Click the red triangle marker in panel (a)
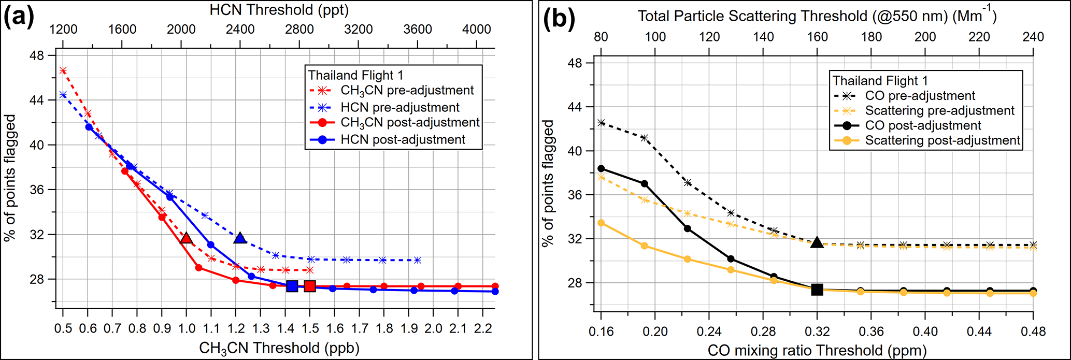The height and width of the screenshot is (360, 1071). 186,238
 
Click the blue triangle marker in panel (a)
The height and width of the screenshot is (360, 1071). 240,238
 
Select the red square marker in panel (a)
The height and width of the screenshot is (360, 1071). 310,286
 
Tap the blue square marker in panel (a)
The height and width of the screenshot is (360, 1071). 292,286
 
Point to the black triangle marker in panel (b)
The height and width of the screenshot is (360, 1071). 817,242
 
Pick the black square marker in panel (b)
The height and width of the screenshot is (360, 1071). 817,290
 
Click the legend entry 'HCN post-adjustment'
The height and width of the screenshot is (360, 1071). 403,139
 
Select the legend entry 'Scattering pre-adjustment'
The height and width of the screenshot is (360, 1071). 939,110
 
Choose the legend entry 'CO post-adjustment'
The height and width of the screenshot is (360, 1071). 923,125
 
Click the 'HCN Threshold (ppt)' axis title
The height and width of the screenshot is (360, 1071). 279,9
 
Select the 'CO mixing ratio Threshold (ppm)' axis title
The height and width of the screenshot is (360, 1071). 817,350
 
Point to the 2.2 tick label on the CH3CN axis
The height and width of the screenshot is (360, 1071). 483,328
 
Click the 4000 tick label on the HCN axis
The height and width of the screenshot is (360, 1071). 476,29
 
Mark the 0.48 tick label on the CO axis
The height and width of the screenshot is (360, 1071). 1033,331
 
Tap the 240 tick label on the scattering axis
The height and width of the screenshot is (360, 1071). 1033,37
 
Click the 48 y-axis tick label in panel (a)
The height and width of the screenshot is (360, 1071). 38,55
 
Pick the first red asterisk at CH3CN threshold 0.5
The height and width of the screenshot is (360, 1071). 63,70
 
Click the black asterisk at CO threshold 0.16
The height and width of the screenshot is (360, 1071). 601,123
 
